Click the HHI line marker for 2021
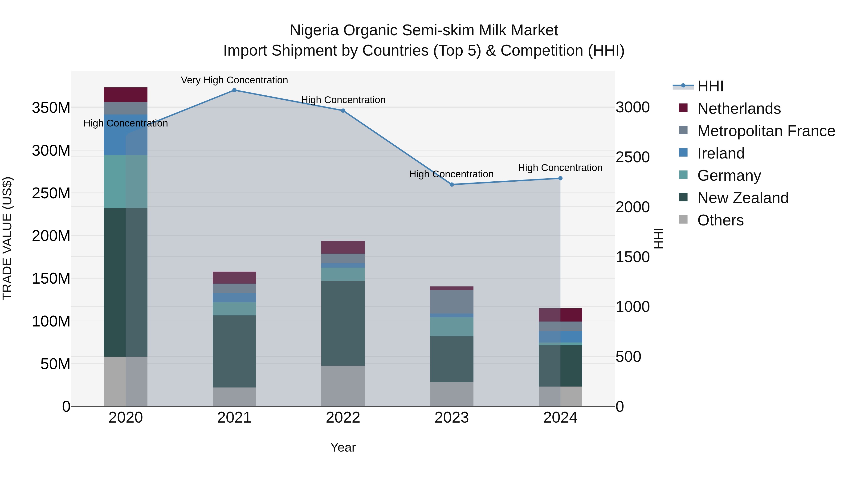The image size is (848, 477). [x=234, y=90]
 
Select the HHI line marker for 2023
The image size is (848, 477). [x=452, y=185]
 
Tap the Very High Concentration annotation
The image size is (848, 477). [x=234, y=80]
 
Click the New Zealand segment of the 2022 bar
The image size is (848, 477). [x=343, y=323]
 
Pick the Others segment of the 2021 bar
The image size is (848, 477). [x=234, y=397]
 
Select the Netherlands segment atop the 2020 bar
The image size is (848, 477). [x=125, y=95]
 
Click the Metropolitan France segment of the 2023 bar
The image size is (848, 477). [x=452, y=302]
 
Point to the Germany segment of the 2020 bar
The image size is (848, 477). [x=125, y=181]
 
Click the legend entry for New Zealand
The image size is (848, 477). [x=743, y=198]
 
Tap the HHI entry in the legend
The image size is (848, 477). [x=710, y=86]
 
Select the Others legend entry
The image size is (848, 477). [x=720, y=220]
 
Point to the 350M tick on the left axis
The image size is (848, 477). [x=51, y=108]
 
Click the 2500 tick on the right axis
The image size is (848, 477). [x=632, y=157]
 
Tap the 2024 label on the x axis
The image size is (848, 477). [x=560, y=418]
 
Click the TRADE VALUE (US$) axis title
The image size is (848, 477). [x=7, y=238]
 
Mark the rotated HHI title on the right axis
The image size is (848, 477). [x=658, y=238]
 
